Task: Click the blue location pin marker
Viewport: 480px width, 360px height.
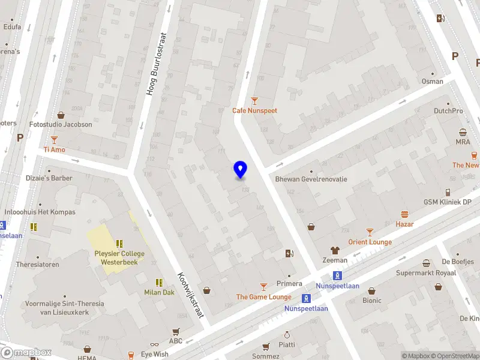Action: click(x=240, y=170)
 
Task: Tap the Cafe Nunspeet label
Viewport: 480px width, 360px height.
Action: click(x=255, y=110)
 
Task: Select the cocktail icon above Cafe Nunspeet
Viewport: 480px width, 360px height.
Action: click(x=255, y=100)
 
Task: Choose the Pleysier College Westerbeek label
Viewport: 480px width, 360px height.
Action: click(x=119, y=257)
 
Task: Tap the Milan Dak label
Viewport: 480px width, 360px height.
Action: click(x=159, y=292)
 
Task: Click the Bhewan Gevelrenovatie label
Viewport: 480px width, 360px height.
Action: click(x=311, y=179)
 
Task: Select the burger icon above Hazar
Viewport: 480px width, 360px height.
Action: click(x=404, y=214)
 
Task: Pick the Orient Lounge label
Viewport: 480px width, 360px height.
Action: click(x=370, y=242)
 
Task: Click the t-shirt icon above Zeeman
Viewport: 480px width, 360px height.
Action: click(x=335, y=251)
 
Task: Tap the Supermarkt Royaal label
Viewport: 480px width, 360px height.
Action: click(x=426, y=273)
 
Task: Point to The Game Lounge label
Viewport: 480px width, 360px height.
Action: click(x=263, y=296)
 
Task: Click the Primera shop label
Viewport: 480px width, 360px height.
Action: click(x=289, y=283)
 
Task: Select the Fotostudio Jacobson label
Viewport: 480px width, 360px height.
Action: click(x=61, y=124)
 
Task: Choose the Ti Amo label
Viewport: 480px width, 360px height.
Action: click(x=54, y=149)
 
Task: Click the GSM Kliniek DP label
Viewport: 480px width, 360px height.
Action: click(x=448, y=202)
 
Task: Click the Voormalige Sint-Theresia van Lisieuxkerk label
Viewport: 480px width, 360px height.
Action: click(x=64, y=308)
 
